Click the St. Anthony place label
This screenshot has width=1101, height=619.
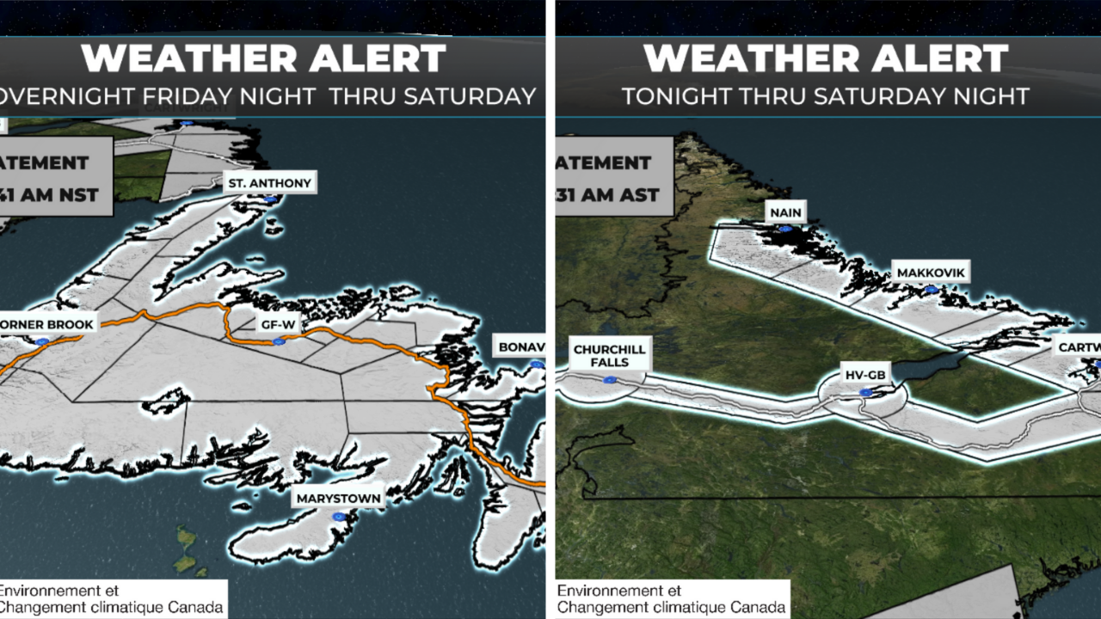pyautogui.click(x=268, y=182)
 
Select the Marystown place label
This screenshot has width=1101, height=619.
pyautogui.click(x=337, y=498)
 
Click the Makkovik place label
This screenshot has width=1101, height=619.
pyautogui.click(x=932, y=273)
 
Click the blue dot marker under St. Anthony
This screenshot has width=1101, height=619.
pyautogui.click(x=271, y=199)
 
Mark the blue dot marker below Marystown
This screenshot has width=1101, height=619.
pyautogui.click(x=339, y=516)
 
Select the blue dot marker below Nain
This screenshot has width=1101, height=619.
pyautogui.click(x=784, y=230)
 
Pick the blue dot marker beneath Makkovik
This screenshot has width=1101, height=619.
pyautogui.click(x=930, y=290)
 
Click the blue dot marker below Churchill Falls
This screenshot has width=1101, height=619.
pyautogui.click(x=610, y=378)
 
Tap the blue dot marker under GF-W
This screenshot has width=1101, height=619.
pyautogui.click(x=278, y=342)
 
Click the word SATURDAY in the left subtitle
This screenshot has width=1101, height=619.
pyautogui.click(x=471, y=96)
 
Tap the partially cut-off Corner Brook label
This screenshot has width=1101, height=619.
pyautogui.click(x=47, y=324)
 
